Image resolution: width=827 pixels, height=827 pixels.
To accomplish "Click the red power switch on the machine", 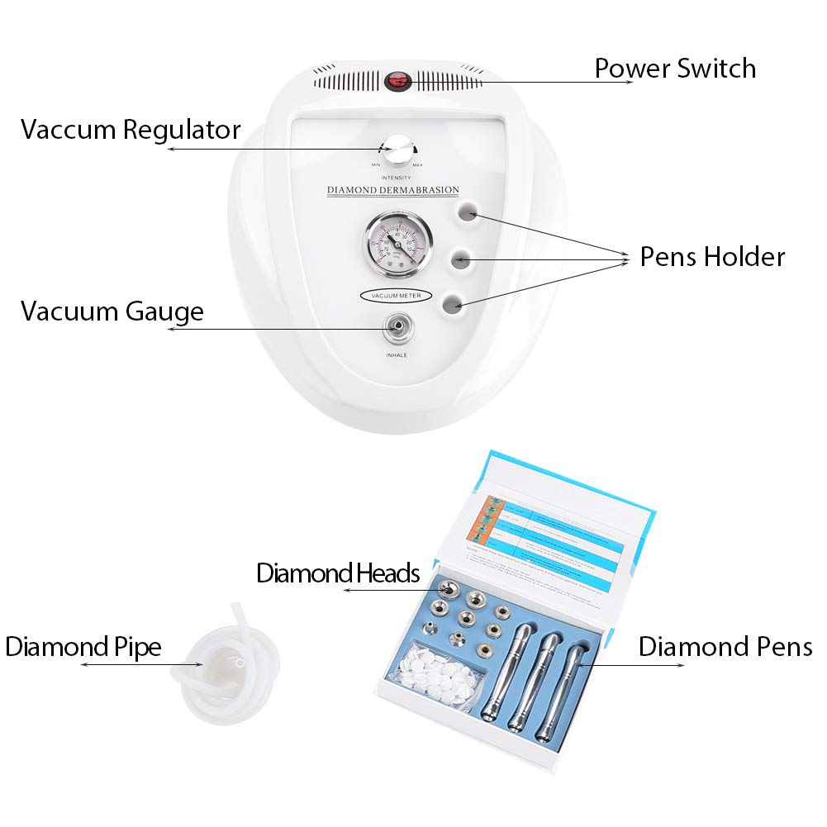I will tap(402, 81).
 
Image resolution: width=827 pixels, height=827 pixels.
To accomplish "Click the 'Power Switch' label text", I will tap(675, 68).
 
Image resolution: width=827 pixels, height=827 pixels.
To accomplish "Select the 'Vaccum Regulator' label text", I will tap(131, 130).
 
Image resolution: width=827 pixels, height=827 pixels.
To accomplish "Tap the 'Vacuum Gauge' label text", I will tap(112, 311).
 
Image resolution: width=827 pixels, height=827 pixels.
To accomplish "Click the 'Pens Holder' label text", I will tap(712, 257).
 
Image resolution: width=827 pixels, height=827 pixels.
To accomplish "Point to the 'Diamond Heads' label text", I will tap(338, 573).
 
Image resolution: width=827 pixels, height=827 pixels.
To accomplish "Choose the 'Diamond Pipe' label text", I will tap(83, 647).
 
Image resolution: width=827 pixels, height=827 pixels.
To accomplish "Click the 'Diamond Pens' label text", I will tap(725, 647).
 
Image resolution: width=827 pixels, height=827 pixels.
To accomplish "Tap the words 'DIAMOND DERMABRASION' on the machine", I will tap(392, 191).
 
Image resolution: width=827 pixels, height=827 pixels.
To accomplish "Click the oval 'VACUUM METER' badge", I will tap(395, 295).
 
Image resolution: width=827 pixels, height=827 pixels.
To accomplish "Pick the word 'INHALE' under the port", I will tap(397, 356).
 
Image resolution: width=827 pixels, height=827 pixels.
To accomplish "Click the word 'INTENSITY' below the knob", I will tap(397, 178).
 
